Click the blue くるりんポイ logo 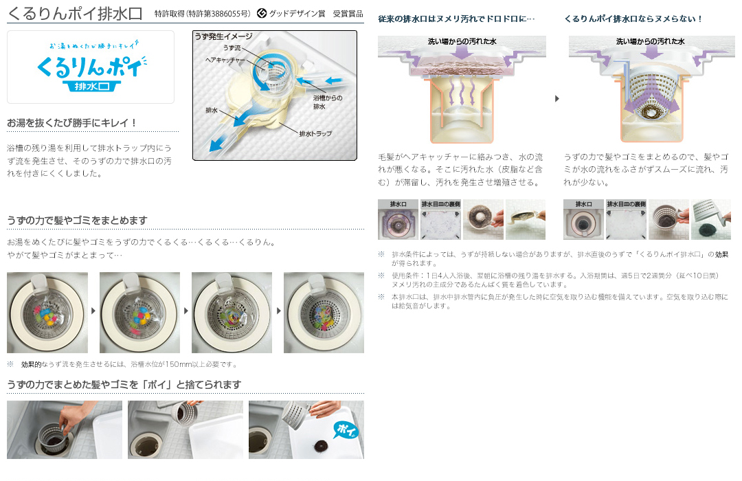tap(91, 66)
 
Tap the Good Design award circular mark tap(262, 13)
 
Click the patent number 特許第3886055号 tap(218, 14)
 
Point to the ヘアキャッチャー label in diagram tap(225, 60)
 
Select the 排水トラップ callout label tap(315, 133)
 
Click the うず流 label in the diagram tap(232, 48)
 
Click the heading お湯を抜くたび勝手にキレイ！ tap(71, 122)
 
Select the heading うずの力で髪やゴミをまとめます tap(77, 220)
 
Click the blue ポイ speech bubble tap(346, 430)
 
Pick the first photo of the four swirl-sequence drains tap(47, 313)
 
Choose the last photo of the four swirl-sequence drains tap(324, 313)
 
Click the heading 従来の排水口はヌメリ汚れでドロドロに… tap(456, 19)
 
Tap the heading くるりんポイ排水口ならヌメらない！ tap(633, 19)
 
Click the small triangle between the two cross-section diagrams tap(557, 98)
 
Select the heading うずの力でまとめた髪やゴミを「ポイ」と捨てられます tap(124, 384)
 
